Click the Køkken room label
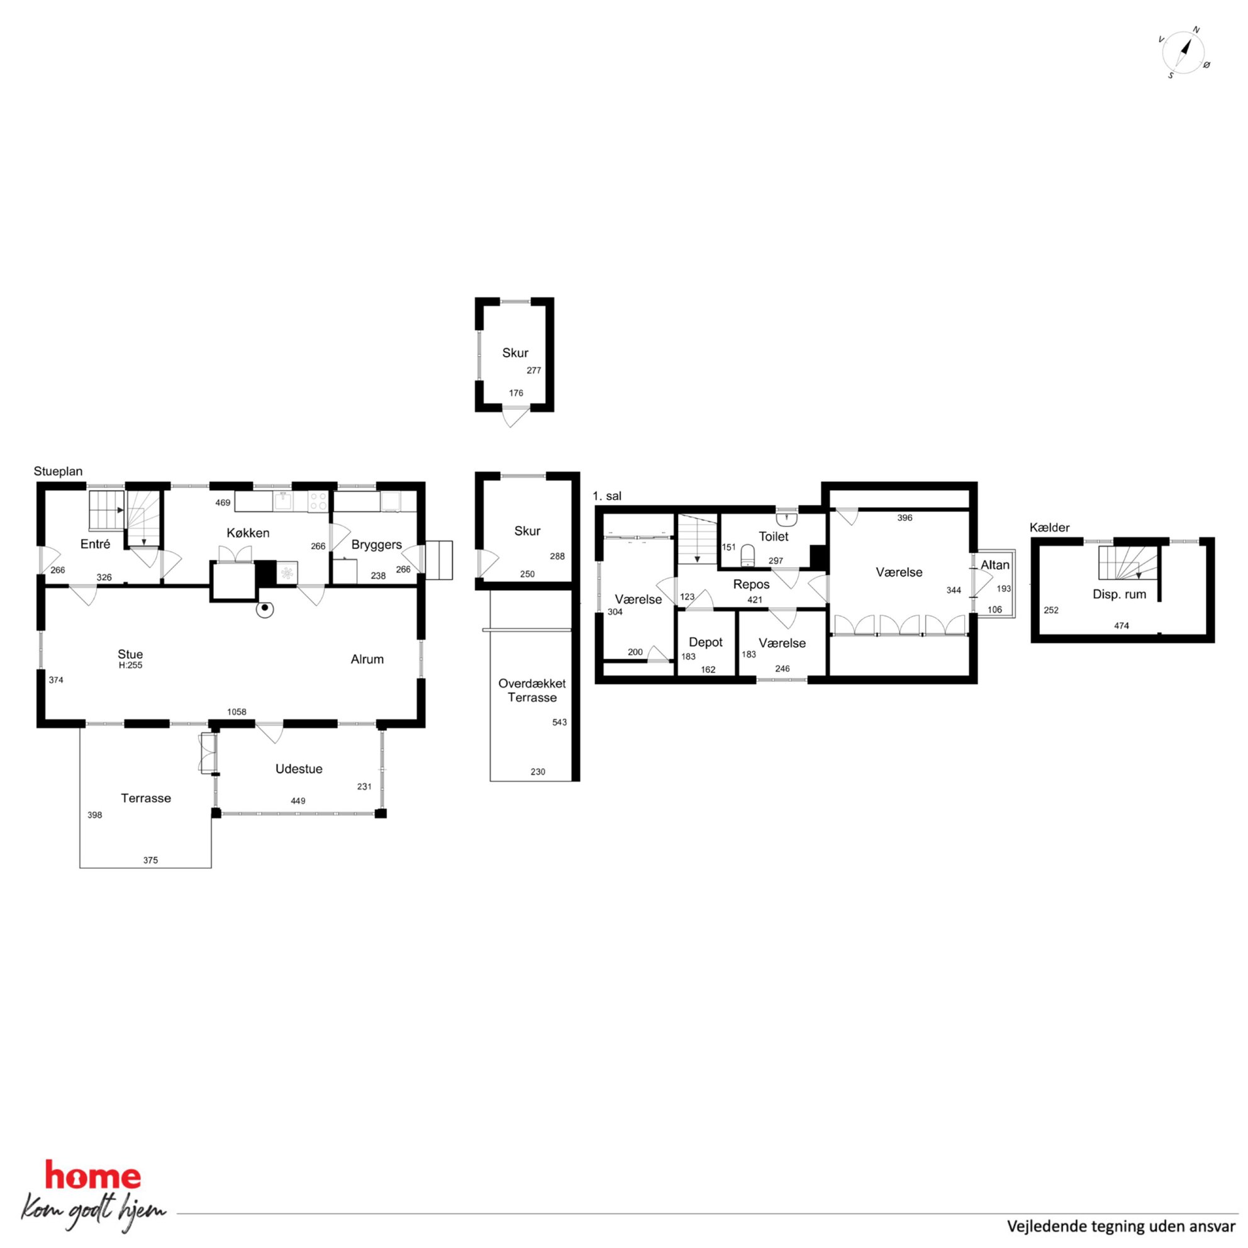[x=248, y=533]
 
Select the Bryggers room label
[x=377, y=545]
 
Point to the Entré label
[x=95, y=544]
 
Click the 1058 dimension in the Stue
[x=237, y=712]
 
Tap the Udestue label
[x=298, y=769]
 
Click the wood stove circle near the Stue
[x=264, y=608]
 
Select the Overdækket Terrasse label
[x=532, y=691]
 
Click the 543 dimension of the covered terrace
[x=559, y=722]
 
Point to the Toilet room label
[x=773, y=536]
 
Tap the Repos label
[x=751, y=584]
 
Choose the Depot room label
[x=705, y=642]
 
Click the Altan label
[x=994, y=565]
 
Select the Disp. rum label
[x=1120, y=594]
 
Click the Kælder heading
[x=1050, y=527]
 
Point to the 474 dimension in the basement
[x=1122, y=625]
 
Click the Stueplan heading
[x=58, y=472]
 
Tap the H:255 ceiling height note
[x=130, y=666]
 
